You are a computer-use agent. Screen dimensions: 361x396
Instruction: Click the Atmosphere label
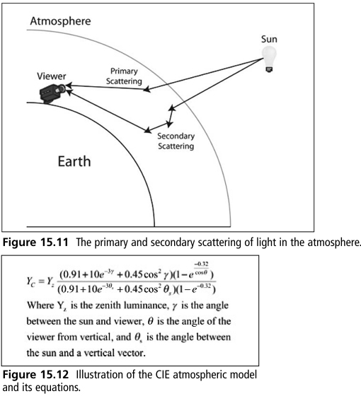[x=60, y=21]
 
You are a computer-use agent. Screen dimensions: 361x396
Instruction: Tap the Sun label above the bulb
[x=269, y=39]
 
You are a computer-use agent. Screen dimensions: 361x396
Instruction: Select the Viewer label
[x=51, y=76]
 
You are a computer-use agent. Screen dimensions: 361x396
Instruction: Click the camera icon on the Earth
[x=52, y=93]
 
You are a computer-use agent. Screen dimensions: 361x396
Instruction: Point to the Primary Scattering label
[x=124, y=76]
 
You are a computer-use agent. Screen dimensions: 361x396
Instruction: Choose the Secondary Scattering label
[x=176, y=141]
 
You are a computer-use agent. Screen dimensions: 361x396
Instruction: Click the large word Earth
[x=74, y=161]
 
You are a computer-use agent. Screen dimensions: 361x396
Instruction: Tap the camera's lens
[x=62, y=88]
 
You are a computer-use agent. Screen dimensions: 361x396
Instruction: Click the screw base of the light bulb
[x=269, y=69]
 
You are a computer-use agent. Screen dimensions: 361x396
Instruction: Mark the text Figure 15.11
[x=35, y=243]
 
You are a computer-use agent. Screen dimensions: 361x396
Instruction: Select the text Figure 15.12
[x=35, y=375]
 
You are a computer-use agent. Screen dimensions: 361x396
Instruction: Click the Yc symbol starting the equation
[x=30, y=281]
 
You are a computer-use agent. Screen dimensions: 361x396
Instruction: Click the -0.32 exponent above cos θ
[x=202, y=264]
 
